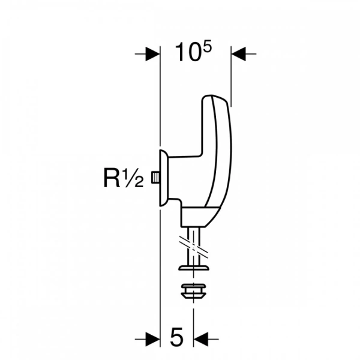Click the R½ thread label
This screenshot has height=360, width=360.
124,178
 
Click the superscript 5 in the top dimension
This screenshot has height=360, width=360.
206,49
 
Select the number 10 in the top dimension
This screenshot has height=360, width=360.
187,52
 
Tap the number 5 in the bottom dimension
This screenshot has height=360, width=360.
177,338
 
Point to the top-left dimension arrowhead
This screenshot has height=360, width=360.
152,54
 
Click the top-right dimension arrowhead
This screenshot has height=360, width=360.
238,54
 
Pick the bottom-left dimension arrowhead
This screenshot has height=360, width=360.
152,339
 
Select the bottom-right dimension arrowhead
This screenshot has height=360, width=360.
200,339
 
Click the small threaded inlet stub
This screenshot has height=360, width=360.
155,178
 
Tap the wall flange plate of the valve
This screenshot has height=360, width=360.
164,178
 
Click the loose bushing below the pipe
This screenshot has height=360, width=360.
194,291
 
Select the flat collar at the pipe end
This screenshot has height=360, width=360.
194,268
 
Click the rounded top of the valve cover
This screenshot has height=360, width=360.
215,99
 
